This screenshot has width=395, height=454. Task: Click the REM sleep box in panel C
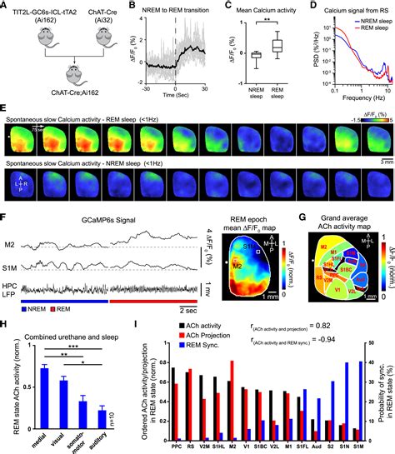pyautogui.click(x=278, y=47)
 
